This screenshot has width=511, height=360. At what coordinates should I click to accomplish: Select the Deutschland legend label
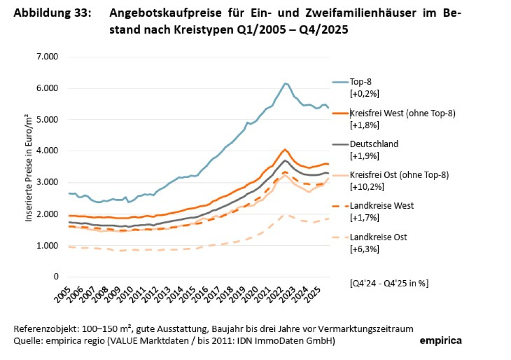pyautogui.click(x=374, y=144)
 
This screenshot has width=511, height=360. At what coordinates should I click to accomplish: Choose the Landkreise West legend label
pyautogui.click(x=381, y=206)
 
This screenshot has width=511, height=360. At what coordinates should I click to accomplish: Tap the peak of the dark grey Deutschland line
pyautogui.click(x=285, y=160)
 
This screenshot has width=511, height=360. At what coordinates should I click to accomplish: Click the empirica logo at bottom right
pyautogui.click(x=440, y=341)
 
